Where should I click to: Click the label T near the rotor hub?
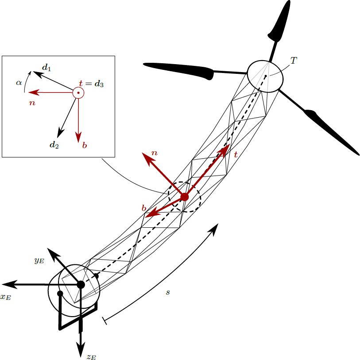293,60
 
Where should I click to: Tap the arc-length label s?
168,292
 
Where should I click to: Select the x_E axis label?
6,297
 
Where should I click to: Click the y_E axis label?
39,260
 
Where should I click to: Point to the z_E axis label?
91,356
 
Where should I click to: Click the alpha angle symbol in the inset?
19,82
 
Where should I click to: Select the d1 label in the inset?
46,68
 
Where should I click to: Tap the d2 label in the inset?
54,144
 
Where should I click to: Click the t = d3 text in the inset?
91,83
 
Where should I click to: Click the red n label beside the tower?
154,153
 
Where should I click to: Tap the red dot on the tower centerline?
185,196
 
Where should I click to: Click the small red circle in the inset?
78,93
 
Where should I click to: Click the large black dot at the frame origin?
81,284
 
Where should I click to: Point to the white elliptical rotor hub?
265,77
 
